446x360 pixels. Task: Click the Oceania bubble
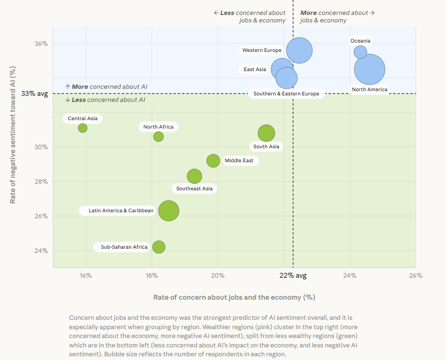(x=360, y=52)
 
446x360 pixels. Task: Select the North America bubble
(x=370, y=70)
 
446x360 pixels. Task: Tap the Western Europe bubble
(x=300, y=50)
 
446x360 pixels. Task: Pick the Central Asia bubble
(x=82, y=128)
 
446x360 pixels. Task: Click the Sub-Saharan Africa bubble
(x=159, y=247)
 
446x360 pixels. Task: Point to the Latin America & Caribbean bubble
(x=168, y=210)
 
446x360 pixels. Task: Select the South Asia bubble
(x=266, y=133)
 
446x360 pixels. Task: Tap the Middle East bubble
(x=213, y=161)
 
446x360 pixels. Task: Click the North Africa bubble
(x=159, y=137)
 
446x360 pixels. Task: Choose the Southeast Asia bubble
(x=194, y=176)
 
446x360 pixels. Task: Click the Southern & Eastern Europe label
(x=286, y=94)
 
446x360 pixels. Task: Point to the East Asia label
(x=255, y=70)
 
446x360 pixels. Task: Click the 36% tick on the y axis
(x=42, y=44)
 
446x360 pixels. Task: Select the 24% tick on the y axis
(x=42, y=251)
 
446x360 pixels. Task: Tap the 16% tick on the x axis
(x=86, y=275)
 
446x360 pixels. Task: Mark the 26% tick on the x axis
(x=416, y=275)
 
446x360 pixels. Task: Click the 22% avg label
(x=293, y=275)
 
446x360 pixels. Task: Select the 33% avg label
(x=34, y=94)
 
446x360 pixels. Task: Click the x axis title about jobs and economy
(x=234, y=297)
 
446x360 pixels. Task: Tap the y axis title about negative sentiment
(x=14, y=135)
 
